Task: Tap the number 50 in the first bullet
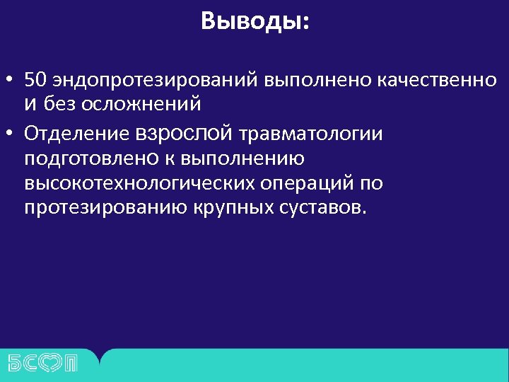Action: (x=34, y=79)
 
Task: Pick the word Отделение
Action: (x=77, y=132)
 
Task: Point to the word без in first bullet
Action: (x=58, y=105)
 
